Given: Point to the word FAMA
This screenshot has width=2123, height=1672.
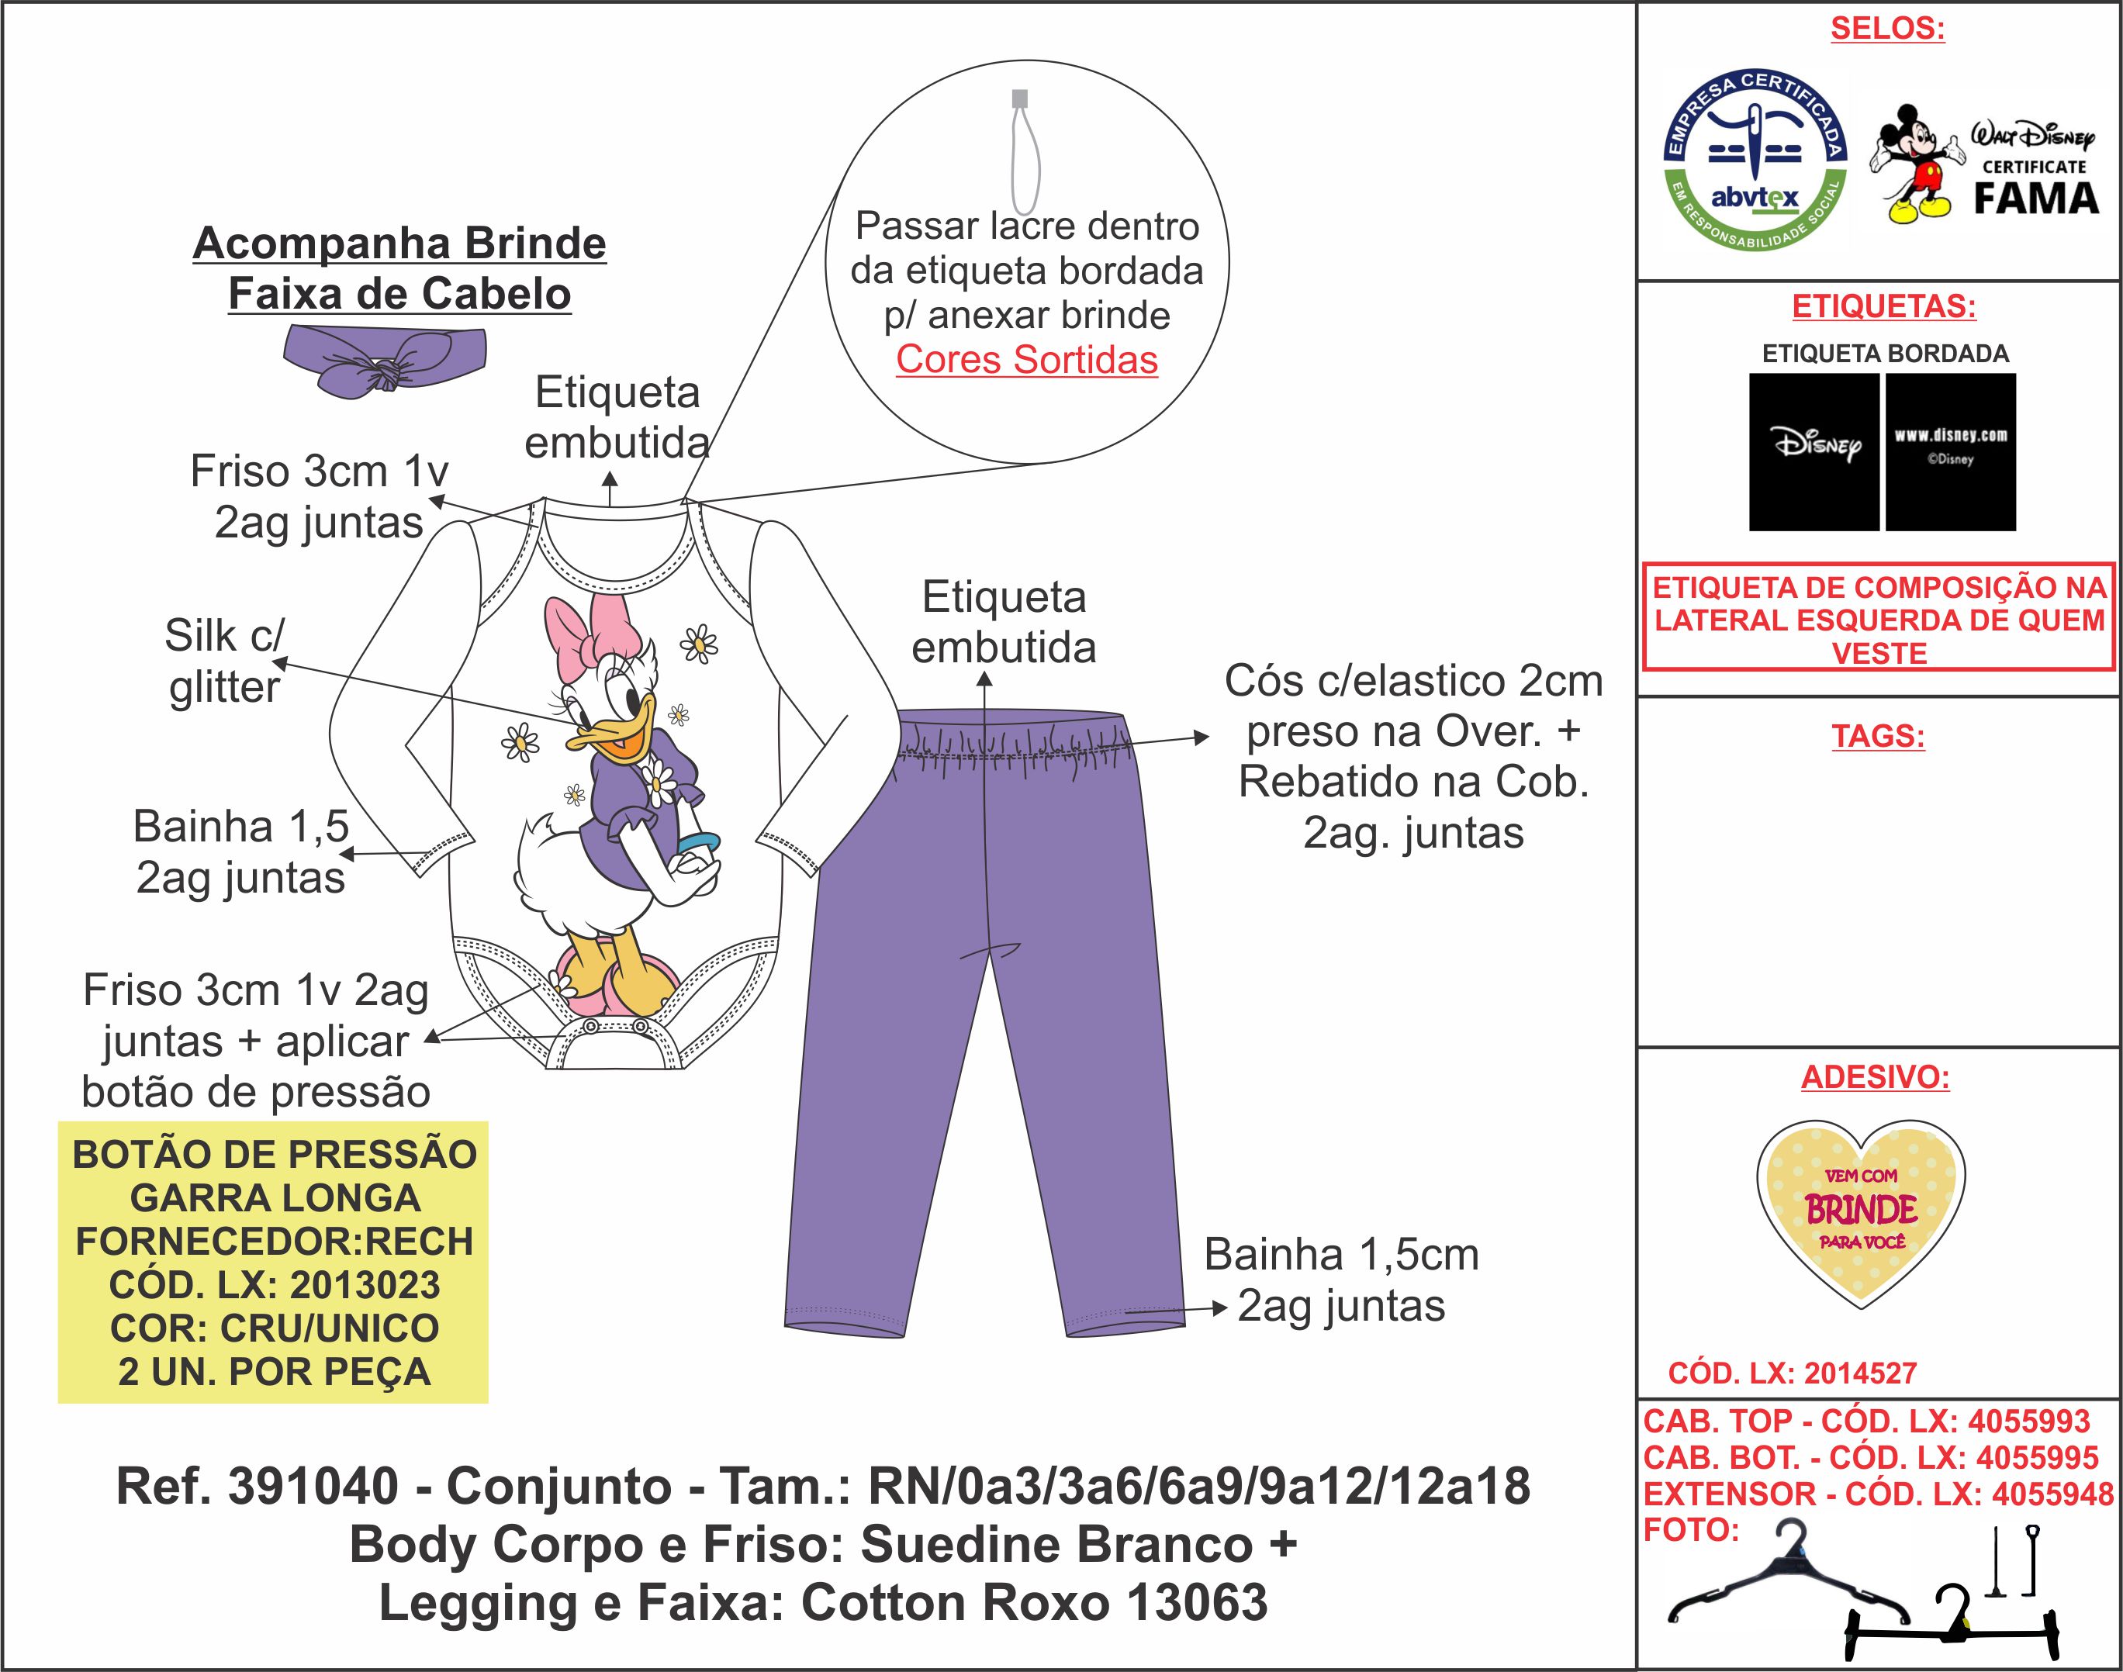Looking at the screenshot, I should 2035,199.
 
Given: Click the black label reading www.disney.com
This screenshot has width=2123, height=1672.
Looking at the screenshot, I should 1950,451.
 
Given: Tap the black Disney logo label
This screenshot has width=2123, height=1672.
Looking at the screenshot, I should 1814,451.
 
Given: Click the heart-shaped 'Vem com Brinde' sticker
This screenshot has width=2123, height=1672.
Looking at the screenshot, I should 1861,1212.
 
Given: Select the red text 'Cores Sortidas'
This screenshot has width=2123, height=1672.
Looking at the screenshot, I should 1026,361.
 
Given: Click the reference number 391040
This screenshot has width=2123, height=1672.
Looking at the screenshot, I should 313,1486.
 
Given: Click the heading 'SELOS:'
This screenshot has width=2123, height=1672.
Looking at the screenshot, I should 1887,29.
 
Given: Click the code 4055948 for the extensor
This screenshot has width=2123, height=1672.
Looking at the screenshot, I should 2052,1494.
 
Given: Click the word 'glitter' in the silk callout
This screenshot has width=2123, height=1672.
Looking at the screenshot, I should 224,687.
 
